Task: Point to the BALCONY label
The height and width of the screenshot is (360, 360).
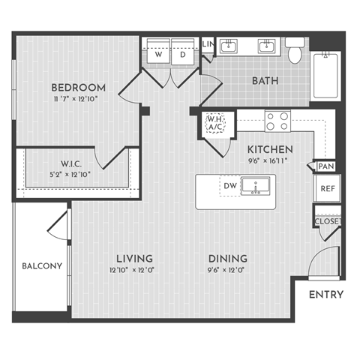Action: point(41,266)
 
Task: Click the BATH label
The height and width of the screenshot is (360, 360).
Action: point(265,79)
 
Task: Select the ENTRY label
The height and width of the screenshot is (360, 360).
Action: point(326,295)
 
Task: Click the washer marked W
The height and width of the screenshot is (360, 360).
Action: point(159,55)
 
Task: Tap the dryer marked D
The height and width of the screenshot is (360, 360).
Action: point(182,55)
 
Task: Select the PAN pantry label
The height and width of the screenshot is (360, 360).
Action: point(325,166)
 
